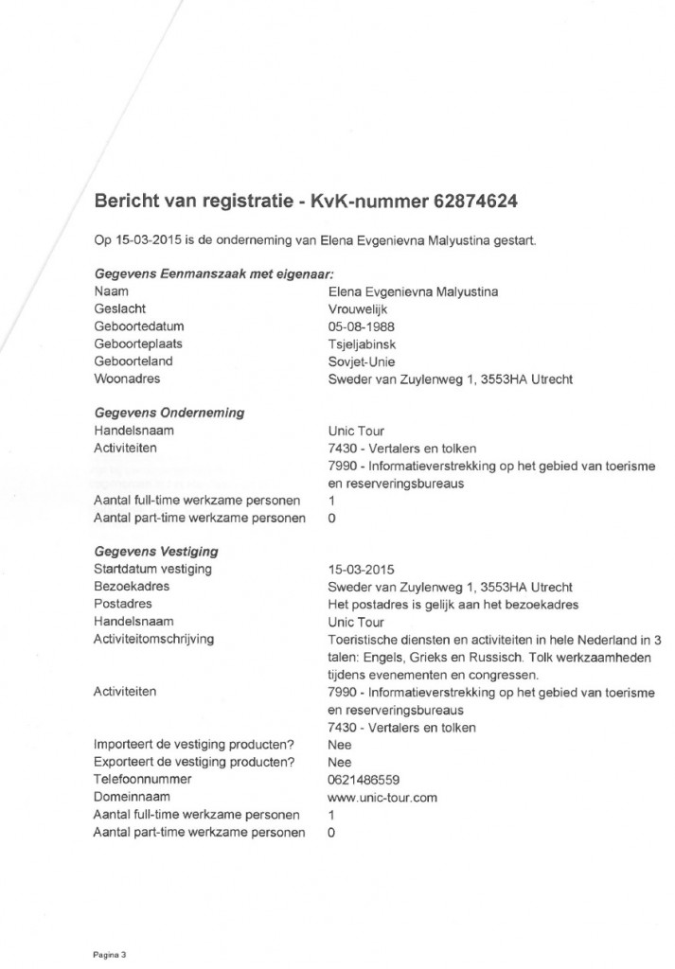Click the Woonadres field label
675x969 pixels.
point(128,379)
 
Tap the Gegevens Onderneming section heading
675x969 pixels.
point(169,413)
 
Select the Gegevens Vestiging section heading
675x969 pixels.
point(156,551)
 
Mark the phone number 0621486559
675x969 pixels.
point(363,781)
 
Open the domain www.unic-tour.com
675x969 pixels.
point(382,798)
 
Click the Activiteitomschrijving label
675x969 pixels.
point(153,640)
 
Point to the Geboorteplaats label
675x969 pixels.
point(138,344)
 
